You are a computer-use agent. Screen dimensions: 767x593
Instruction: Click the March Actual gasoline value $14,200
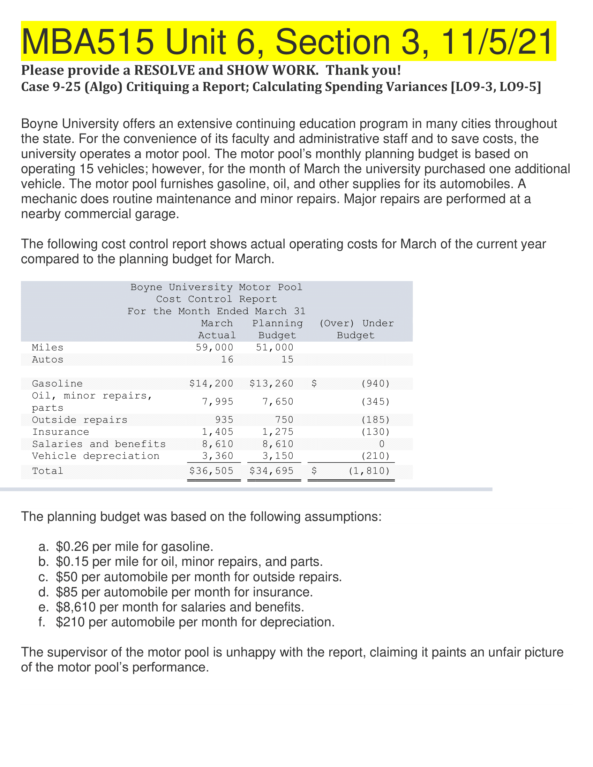coord(211,383)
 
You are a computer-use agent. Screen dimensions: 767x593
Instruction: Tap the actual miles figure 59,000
coord(214,347)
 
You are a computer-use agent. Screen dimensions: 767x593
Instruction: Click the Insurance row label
coord(60,432)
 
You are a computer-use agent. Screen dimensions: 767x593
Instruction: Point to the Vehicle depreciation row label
coord(96,456)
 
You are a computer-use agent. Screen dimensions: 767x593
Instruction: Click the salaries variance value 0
coord(382,444)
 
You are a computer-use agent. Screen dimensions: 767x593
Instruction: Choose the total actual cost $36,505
coord(211,471)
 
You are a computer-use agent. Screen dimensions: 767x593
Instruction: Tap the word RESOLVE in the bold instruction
coord(164,70)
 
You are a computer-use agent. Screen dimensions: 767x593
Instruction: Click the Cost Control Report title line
coord(216,299)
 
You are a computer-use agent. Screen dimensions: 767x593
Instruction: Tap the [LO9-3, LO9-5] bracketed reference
coord(496,86)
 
